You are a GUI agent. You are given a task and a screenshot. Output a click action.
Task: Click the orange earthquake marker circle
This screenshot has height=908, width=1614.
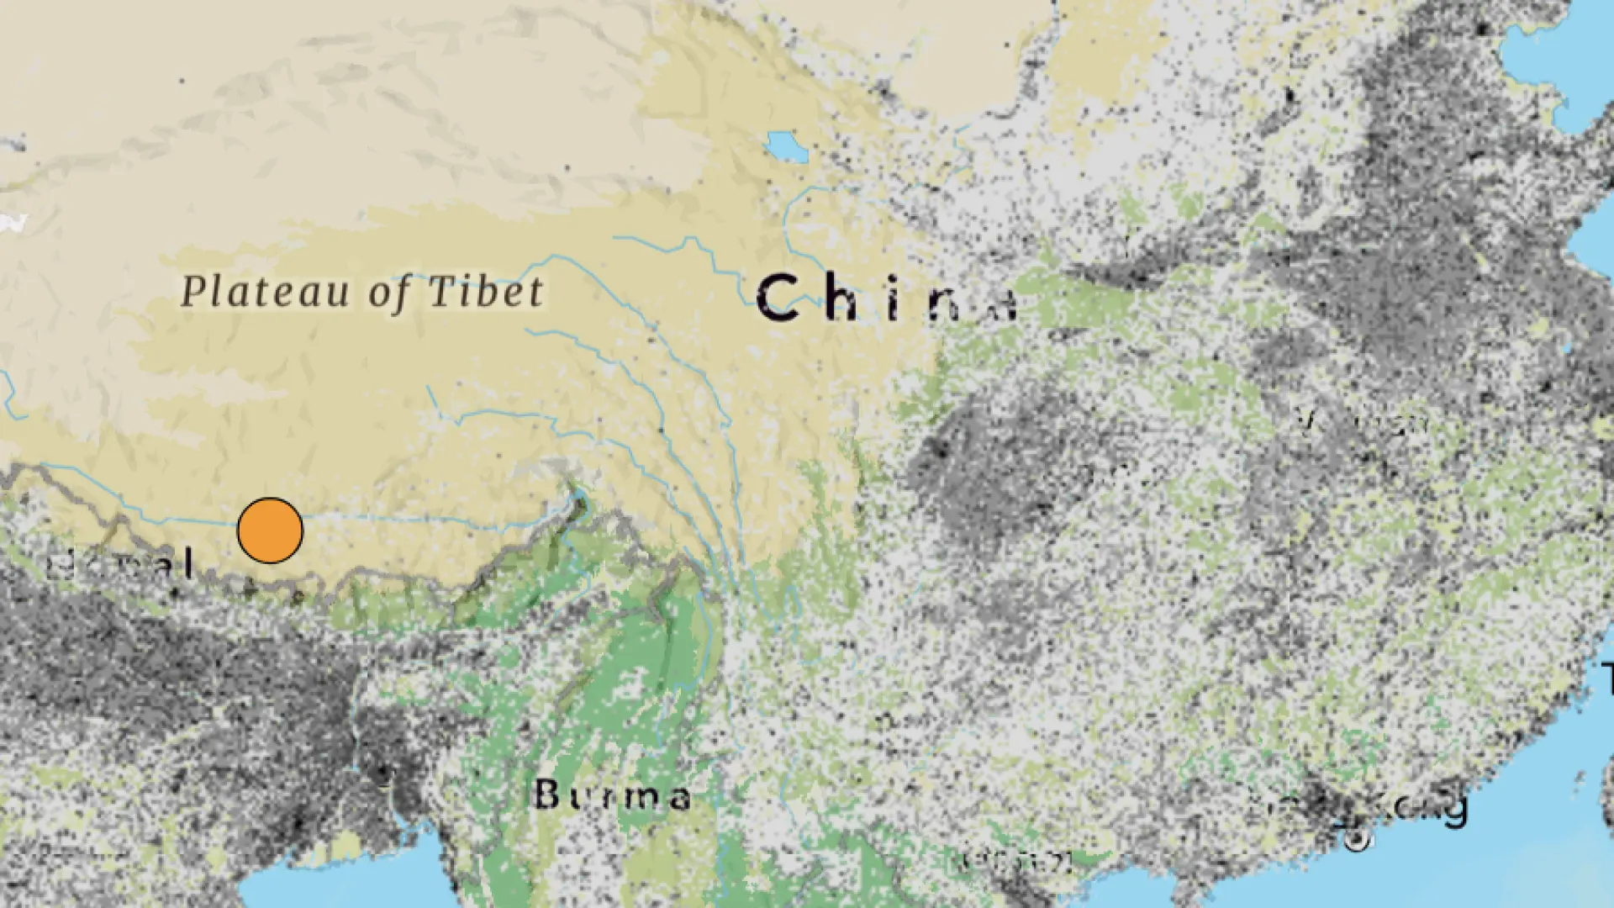click(x=270, y=531)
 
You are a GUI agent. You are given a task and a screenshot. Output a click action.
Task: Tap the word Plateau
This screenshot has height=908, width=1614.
click(x=266, y=293)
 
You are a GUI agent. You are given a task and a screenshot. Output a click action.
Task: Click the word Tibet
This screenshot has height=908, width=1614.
click(x=486, y=291)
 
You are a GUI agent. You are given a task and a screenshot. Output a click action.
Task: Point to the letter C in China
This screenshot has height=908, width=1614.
click(x=778, y=298)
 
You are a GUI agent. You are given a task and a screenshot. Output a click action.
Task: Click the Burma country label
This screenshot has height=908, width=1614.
click(x=612, y=794)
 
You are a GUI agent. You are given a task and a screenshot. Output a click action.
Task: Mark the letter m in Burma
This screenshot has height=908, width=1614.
click(x=635, y=797)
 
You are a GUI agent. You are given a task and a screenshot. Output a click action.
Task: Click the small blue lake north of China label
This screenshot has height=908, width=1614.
click(x=787, y=147)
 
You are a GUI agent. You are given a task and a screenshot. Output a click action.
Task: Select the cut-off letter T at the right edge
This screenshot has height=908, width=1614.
click(x=1607, y=678)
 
